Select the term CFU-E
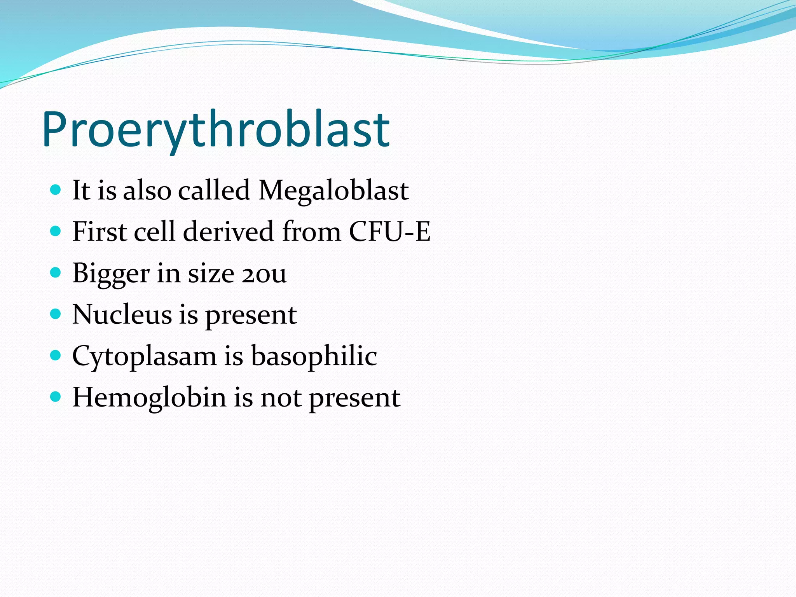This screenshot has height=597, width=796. [389, 232]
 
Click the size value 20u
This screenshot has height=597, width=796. [264, 273]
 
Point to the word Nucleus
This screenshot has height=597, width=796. [122, 314]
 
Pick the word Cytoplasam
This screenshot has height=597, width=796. [144, 356]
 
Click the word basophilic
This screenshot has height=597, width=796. [314, 356]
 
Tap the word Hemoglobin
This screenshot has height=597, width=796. [149, 398]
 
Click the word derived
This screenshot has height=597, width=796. [229, 232]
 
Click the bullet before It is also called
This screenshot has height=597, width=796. [56, 190]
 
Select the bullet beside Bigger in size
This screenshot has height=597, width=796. [56, 273]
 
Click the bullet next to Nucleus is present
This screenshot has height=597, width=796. [56, 314]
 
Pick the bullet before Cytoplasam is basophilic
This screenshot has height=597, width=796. [56, 355]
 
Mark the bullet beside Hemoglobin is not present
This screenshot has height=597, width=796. [56, 396]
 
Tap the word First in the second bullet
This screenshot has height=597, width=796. [99, 232]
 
